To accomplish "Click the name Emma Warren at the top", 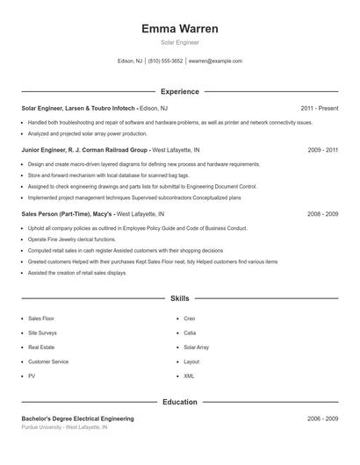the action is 179,29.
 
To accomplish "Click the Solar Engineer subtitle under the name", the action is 179,42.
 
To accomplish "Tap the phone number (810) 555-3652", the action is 165,61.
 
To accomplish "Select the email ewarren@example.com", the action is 215,61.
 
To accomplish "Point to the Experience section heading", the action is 179,91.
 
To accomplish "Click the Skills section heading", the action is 179,298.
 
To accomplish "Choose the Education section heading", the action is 179,402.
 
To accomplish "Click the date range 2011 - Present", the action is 319,108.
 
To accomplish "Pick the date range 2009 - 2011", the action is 322,150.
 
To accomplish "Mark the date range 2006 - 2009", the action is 322,419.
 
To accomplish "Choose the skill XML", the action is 189,376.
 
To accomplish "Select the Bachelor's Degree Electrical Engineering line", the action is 77,419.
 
